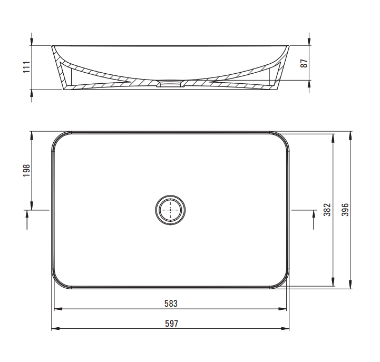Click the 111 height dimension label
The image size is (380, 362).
[26, 67]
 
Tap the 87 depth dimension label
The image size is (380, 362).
[304, 63]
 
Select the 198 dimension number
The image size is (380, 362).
[26, 170]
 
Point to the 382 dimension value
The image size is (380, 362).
[327, 210]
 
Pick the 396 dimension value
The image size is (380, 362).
[345, 210]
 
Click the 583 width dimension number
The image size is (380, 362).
[171, 304]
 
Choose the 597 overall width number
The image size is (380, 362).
[171, 324]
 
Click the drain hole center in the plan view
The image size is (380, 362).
[170, 210]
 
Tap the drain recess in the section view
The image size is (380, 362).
[170, 84]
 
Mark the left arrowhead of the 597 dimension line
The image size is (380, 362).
[55, 329]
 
